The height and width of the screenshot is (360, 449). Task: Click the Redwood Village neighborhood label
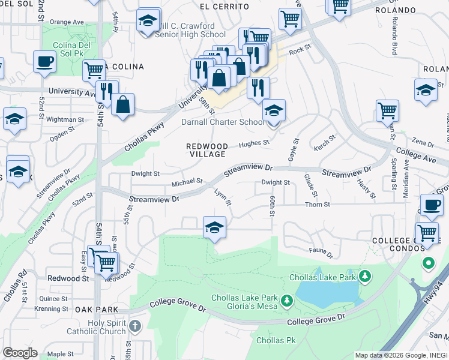(x=206, y=149)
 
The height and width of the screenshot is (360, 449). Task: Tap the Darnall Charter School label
(x=223, y=122)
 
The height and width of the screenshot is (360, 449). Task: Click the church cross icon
(x=135, y=326)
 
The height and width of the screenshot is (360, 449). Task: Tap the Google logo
(x=20, y=353)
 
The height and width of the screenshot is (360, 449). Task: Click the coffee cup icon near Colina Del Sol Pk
(x=45, y=61)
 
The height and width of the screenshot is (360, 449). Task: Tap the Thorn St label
(x=318, y=205)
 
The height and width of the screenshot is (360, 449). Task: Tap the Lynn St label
(x=223, y=199)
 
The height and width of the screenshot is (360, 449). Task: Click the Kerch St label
(x=324, y=145)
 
